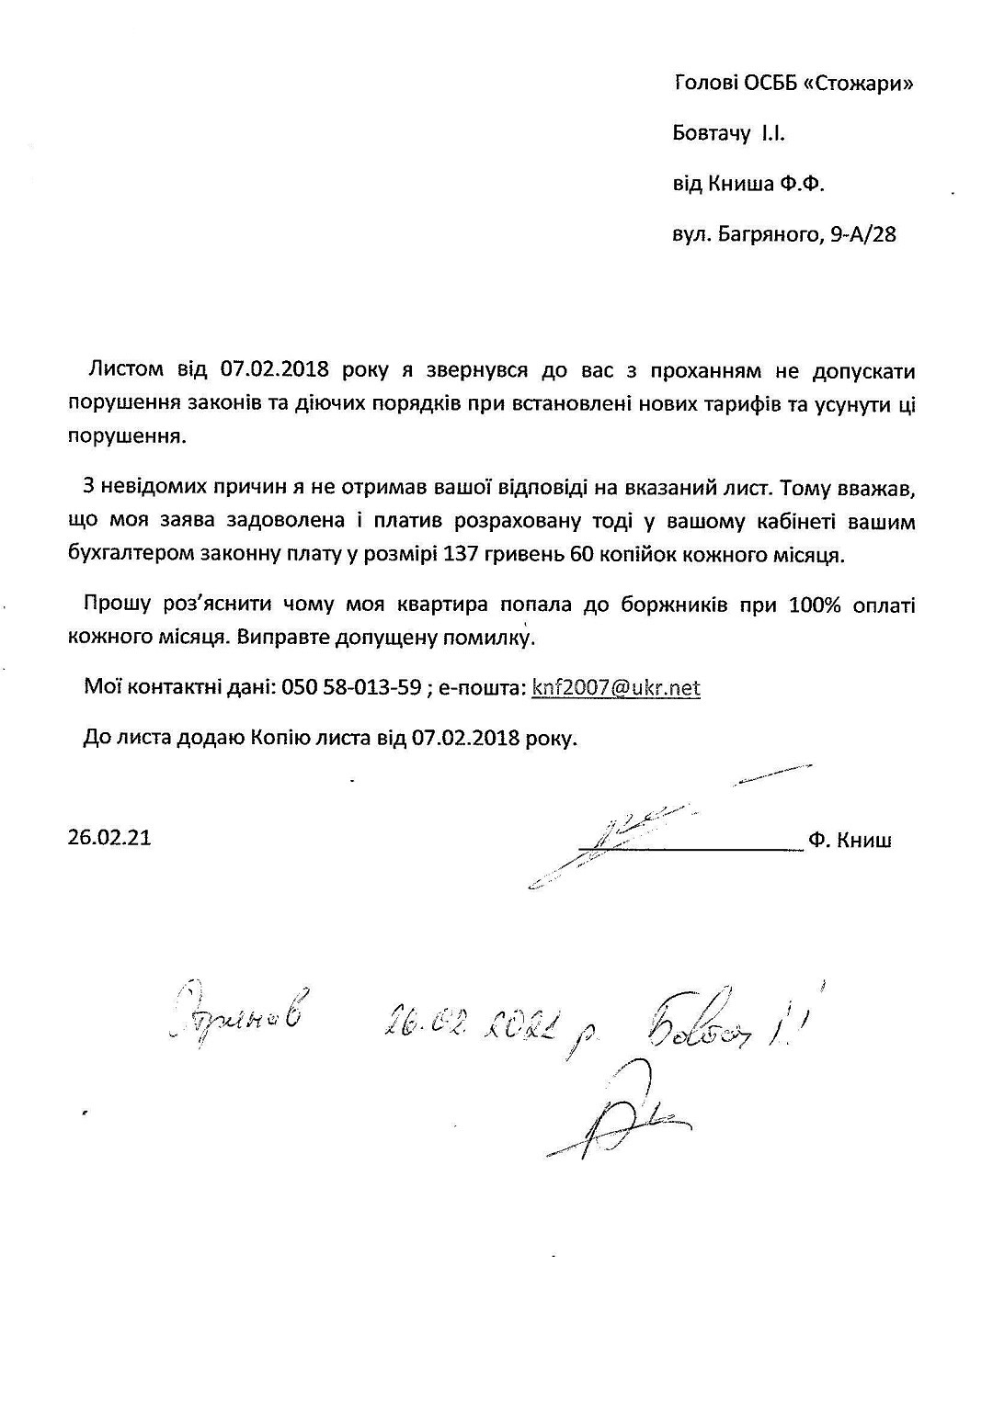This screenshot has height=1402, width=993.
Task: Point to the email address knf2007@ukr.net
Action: [x=616, y=688]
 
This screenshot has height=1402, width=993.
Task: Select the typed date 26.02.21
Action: [x=109, y=838]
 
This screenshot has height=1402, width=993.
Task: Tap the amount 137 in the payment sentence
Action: [x=460, y=555]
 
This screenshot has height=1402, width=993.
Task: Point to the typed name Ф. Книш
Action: [x=850, y=840]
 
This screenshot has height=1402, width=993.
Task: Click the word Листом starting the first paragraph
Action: [x=125, y=371]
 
